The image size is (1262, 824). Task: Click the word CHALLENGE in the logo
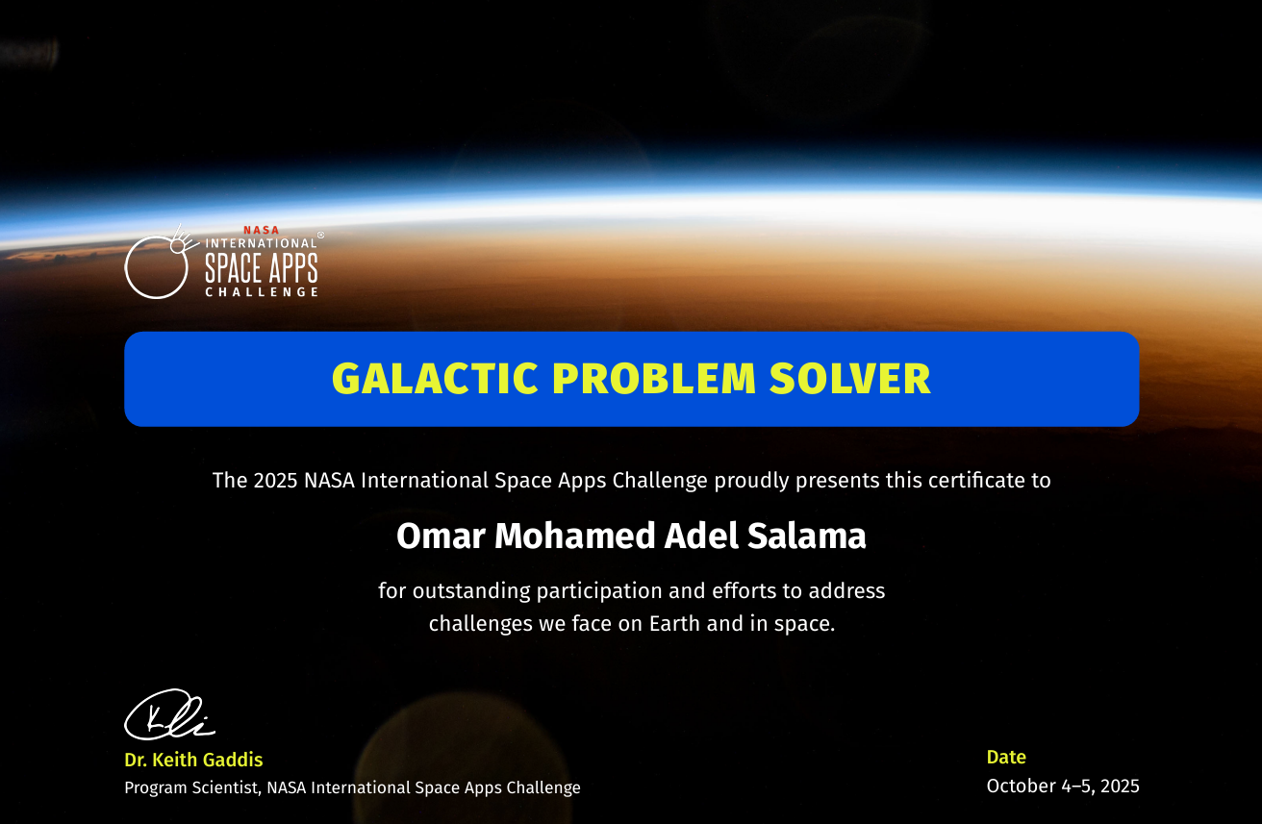click(x=262, y=291)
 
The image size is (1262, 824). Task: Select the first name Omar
click(x=441, y=536)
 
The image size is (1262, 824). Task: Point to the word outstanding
click(x=471, y=590)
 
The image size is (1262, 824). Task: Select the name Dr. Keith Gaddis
click(x=193, y=760)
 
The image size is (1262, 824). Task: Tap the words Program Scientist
click(x=191, y=787)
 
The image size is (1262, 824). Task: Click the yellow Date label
click(x=1006, y=757)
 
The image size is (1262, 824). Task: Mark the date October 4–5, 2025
click(x=1063, y=786)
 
